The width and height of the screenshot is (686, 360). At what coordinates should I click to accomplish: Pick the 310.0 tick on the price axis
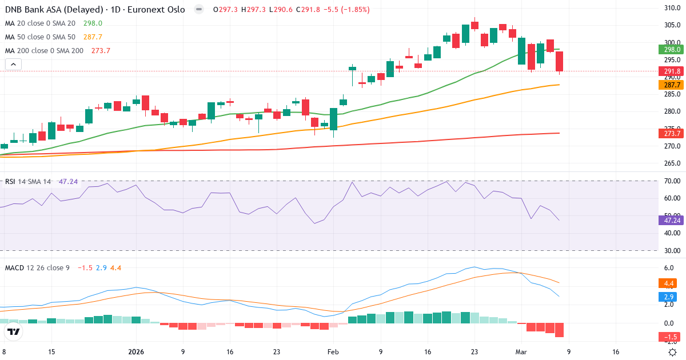coord(672,8)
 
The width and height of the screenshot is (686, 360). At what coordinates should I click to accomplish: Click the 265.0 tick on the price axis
coord(672,163)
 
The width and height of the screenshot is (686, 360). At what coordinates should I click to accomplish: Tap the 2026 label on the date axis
coord(136,352)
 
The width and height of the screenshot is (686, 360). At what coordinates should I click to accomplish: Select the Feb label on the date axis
coord(333,352)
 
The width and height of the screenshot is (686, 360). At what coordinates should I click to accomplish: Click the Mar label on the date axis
coord(521,352)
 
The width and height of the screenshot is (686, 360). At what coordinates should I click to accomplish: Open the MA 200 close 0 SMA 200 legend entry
coord(45,50)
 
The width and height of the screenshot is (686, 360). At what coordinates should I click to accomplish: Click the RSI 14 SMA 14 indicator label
coord(29,181)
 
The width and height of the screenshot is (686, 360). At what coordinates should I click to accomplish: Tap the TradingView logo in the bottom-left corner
coord(14,332)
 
